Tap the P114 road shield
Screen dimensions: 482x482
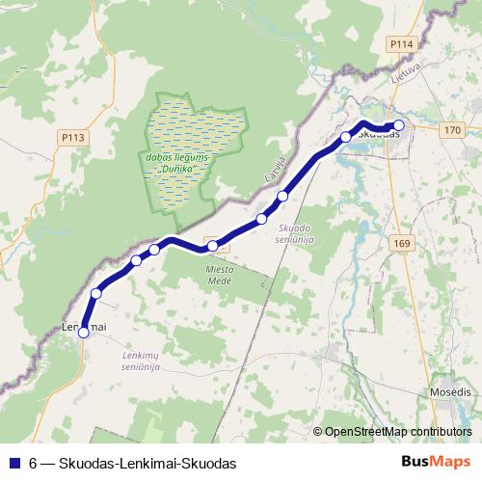[400, 44]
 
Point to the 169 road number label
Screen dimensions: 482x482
[402, 244]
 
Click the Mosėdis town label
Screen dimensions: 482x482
[449, 393]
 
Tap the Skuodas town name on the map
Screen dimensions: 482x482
[378, 135]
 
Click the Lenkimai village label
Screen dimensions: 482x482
[83, 329]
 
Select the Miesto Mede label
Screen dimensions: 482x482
[220, 276]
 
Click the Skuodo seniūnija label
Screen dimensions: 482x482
[295, 233]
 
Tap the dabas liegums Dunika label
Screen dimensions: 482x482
[174, 162]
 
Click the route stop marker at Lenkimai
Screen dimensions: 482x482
[84, 333]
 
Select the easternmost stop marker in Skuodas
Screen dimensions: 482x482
[399, 124]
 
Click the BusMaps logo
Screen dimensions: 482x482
[435, 462]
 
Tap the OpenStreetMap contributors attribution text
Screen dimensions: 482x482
[397, 433]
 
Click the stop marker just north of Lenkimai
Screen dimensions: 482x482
[96, 293]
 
